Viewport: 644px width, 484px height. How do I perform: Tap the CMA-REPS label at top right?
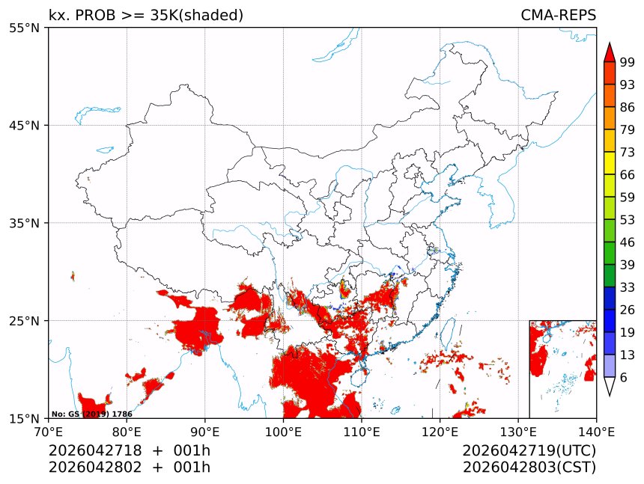558,16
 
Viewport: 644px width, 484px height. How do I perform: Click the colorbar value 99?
628,62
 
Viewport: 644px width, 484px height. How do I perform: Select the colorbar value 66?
628,175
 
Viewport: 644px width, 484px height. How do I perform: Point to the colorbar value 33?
628,287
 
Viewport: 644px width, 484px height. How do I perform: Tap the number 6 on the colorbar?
624,378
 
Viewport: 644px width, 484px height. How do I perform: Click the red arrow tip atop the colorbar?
610,52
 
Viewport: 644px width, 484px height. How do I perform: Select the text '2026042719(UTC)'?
529,451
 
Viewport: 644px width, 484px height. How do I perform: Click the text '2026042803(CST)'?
529,468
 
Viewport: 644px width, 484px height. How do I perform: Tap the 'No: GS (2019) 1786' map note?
91,414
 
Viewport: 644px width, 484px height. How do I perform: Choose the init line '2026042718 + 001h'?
130,451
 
